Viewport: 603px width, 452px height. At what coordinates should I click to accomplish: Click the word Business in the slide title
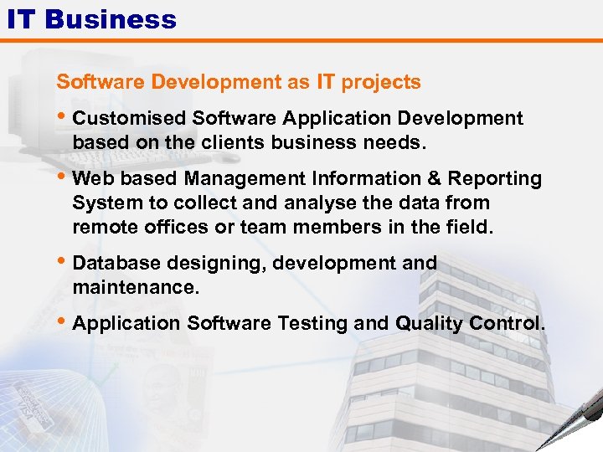(111, 18)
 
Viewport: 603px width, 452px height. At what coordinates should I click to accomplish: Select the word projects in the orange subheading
(381, 82)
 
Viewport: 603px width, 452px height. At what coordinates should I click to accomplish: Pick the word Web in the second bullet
(90, 179)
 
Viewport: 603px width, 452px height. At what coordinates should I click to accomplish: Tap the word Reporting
(495, 179)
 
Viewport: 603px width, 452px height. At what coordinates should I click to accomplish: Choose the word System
(101, 203)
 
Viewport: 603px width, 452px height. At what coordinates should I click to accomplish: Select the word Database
(116, 263)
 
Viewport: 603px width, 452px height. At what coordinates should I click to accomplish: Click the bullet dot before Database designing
(63, 261)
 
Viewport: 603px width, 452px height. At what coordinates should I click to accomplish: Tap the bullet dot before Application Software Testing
(63, 321)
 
